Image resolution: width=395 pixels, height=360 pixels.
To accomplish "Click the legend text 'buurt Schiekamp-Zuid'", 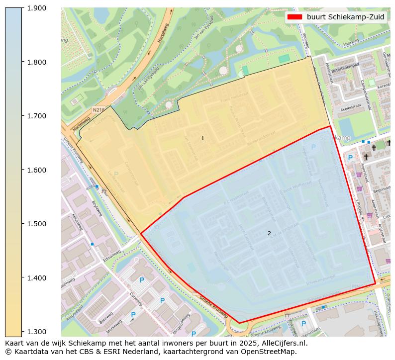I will pyautogui.click(x=345, y=17).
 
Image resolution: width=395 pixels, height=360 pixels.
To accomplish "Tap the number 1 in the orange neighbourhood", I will pyautogui.click(x=202, y=138).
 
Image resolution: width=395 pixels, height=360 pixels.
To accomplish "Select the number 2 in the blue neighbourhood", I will pyautogui.click(x=269, y=233).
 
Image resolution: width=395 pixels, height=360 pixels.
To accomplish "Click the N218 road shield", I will pyautogui.click(x=98, y=110).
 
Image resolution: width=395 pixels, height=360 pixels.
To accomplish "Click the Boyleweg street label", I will pyautogui.click(x=97, y=208).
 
